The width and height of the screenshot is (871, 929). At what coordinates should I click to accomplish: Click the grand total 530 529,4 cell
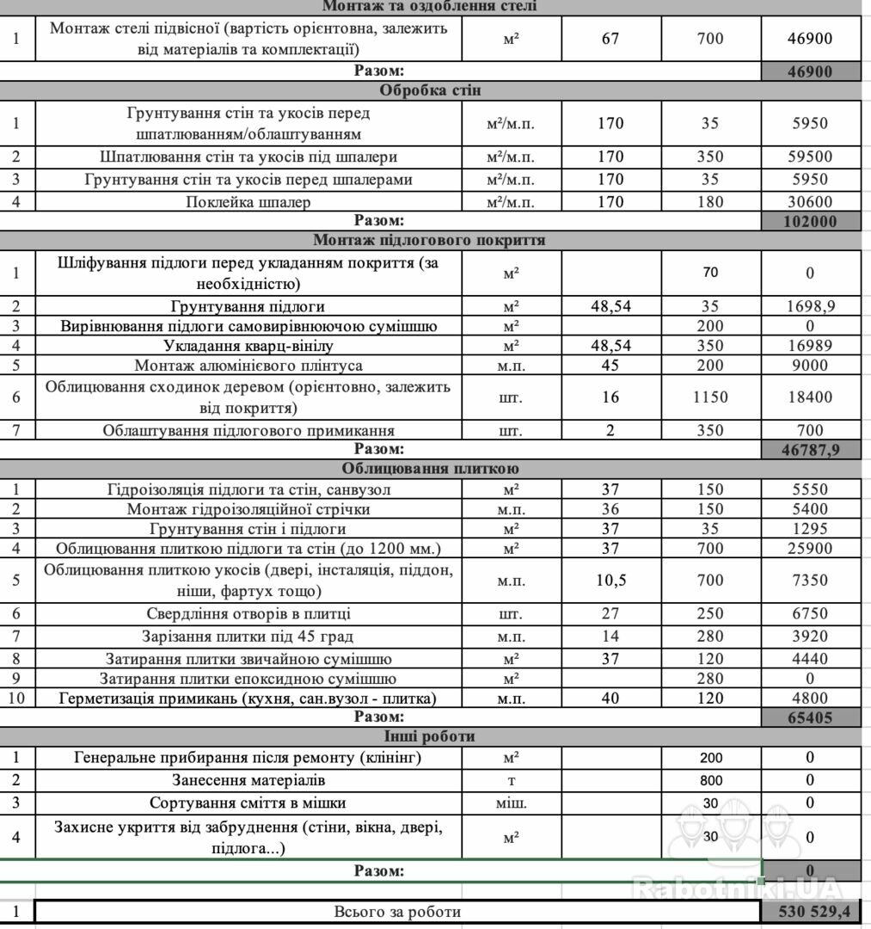(811, 912)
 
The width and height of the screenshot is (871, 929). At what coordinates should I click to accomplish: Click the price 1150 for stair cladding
(710, 397)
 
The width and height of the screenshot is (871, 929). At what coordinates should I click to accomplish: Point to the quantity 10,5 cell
(610, 580)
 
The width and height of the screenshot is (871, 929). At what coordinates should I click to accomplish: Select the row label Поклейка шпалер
(248, 202)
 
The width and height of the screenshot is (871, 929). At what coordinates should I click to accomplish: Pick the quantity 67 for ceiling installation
(610, 39)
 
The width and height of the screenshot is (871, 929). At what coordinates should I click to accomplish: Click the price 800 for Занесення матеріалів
(711, 781)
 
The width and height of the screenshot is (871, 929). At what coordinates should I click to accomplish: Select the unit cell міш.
(512, 803)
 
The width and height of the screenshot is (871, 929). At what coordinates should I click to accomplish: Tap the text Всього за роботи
(397, 912)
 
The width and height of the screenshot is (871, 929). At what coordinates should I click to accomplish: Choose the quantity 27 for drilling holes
(610, 613)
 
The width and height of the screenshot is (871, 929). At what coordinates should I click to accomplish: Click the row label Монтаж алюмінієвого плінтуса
(247, 365)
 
